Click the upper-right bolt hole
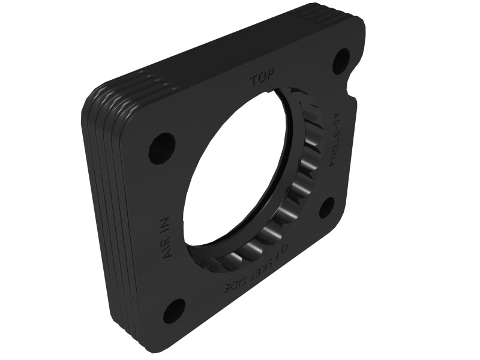point(341,59)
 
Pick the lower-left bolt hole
point(174,310)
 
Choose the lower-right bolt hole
point(326,208)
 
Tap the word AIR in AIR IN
point(168,247)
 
